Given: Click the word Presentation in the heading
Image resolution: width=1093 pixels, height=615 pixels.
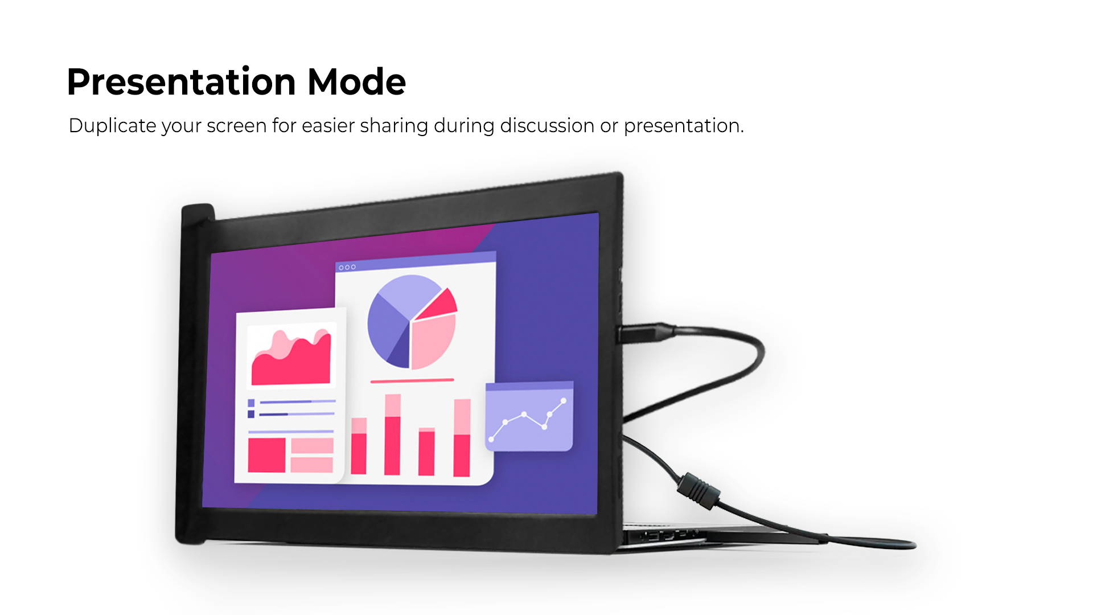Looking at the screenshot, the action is tap(181, 83).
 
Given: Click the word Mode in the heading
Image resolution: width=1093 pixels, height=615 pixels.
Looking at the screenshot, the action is tap(356, 81).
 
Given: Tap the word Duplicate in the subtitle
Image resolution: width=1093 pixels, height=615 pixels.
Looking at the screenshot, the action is tap(112, 126).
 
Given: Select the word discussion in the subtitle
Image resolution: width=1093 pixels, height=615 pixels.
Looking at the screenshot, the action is tap(547, 125).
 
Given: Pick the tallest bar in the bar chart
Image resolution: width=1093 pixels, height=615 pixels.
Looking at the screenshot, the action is tap(392, 434).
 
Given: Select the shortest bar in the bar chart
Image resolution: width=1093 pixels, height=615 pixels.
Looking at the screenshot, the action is tap(426, 451).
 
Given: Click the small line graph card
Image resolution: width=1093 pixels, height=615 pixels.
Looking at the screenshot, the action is tap(529, 417).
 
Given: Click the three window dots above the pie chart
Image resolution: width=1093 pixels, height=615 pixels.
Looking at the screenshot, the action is tap(347, 266).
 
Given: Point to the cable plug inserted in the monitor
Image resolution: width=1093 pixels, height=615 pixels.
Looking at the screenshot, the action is tap(646, 333).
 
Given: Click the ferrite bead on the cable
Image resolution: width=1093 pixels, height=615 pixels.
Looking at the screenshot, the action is tap(697, 490).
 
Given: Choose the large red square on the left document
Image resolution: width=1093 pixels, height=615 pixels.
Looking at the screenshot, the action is tap(266, 455).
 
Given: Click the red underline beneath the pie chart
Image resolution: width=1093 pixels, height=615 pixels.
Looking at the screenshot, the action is tap(412, 380).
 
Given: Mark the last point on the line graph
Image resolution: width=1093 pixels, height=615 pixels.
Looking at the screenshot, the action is tap(564, 401).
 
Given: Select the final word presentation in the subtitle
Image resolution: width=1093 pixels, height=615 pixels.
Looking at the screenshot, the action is tap(684, 126).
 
